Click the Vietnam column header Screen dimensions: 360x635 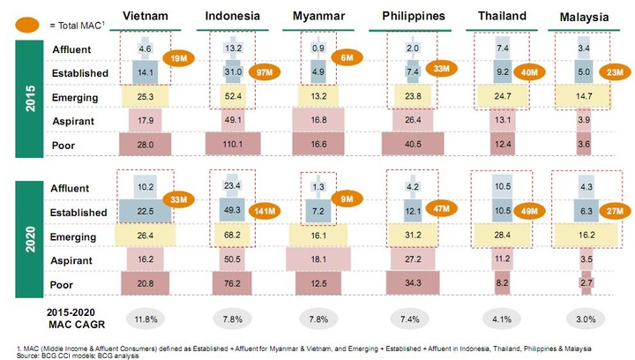[146, 17]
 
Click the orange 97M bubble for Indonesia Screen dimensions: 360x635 [264, 70]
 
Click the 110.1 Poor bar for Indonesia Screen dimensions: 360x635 [232, 143]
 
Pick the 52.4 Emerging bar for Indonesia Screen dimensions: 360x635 [232, 96]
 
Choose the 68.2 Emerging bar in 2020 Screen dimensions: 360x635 [232, 236]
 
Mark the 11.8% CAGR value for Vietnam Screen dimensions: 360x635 [146, 318]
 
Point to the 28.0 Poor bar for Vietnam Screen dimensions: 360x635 [146, 143]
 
